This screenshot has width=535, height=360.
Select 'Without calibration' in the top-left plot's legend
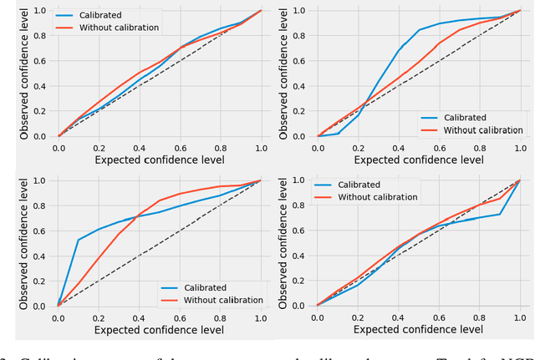coord(120,28)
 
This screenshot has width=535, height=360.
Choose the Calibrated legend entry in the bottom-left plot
coord(209,287)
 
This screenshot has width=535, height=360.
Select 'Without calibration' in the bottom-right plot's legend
coord(379,197)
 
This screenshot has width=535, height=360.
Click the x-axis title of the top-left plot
coord(160,160)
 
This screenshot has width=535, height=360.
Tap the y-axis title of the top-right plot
coord(285,74)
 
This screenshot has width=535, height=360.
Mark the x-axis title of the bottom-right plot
coord(420,330)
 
